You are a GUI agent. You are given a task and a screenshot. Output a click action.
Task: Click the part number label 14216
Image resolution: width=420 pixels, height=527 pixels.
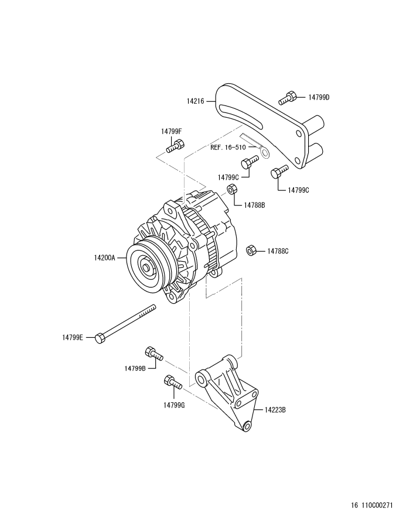click(195, 101)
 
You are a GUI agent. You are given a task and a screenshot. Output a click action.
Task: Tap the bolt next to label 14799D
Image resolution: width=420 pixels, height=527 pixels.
click(287, 98)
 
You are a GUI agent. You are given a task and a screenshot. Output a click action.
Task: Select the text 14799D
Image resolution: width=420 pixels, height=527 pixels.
click(319, 97)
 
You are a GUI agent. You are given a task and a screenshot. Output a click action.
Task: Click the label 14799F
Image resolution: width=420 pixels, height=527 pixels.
click(172, 131)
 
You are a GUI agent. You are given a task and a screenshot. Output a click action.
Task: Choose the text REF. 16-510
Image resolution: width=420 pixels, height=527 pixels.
click(232, 148)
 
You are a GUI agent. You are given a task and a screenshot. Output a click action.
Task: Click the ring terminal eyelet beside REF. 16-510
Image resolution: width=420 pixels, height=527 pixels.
click(264, 153)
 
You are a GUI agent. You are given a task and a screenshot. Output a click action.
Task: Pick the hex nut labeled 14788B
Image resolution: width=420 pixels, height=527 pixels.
click(231, 189)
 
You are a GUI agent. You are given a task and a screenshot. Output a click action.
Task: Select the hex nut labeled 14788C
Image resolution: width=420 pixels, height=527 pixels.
click(251, 250)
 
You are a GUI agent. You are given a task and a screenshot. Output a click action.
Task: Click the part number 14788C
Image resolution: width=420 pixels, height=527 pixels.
click(278, 251)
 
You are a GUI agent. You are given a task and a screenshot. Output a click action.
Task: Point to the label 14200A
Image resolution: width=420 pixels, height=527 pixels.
click(108, 257)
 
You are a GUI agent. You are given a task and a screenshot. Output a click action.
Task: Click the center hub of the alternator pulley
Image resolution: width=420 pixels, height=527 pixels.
click(145, 268)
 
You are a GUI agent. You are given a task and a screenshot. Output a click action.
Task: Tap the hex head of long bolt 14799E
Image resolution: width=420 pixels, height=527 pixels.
click(100, 337)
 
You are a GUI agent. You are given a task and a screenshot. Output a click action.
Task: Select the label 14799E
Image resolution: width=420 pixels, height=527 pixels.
click(73, 337)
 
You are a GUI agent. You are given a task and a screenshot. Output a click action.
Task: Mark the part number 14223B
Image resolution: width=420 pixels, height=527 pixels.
click(275, 410)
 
